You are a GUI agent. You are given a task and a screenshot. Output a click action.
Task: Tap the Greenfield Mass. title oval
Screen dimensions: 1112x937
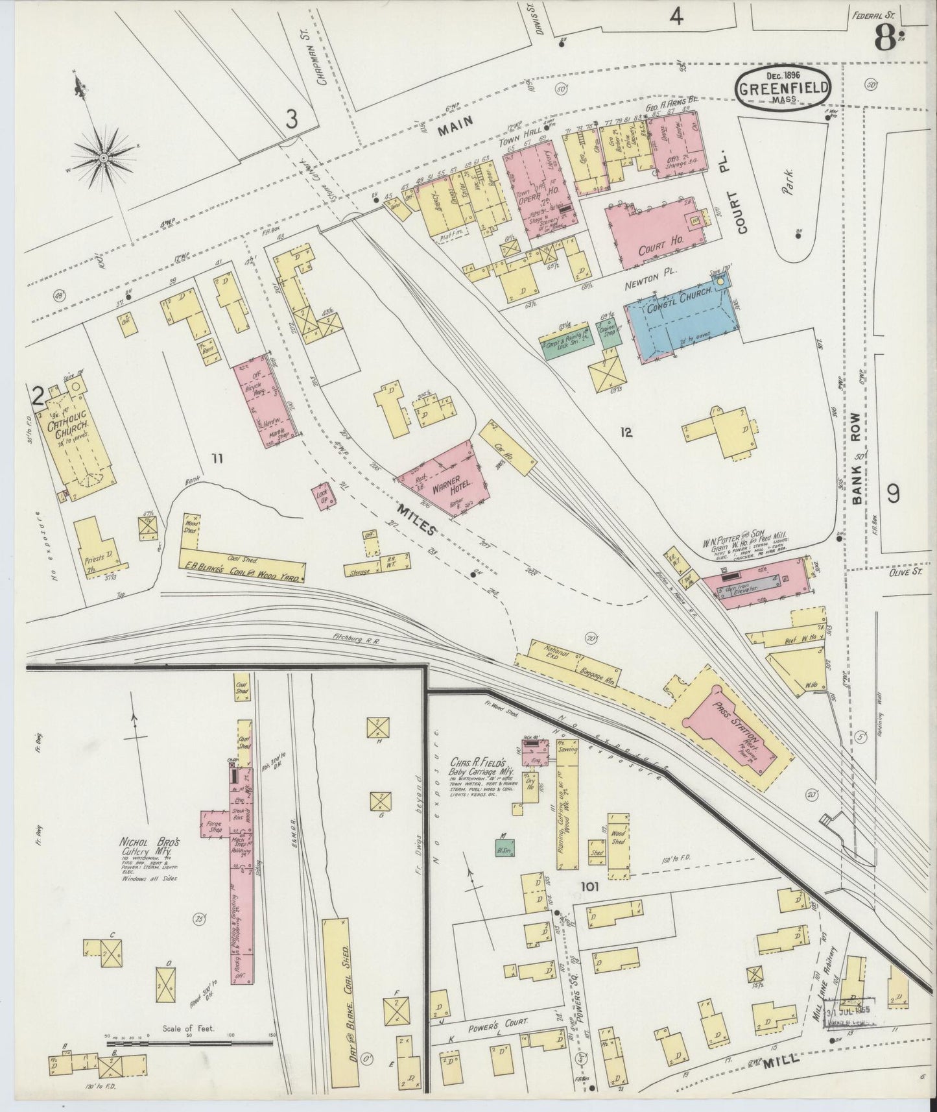tap(783, 89)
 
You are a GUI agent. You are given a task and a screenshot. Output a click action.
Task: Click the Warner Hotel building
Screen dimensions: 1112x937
tap(444, 479)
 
